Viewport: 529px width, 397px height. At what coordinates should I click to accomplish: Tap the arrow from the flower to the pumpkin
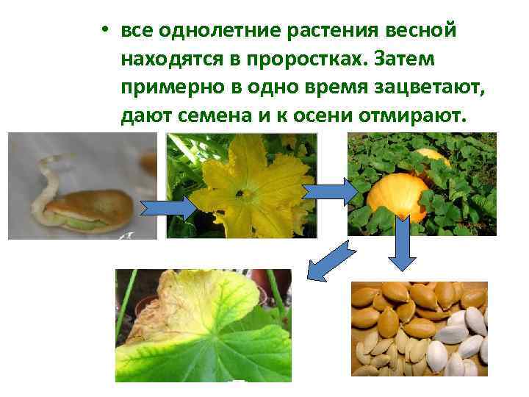point(330,191)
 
